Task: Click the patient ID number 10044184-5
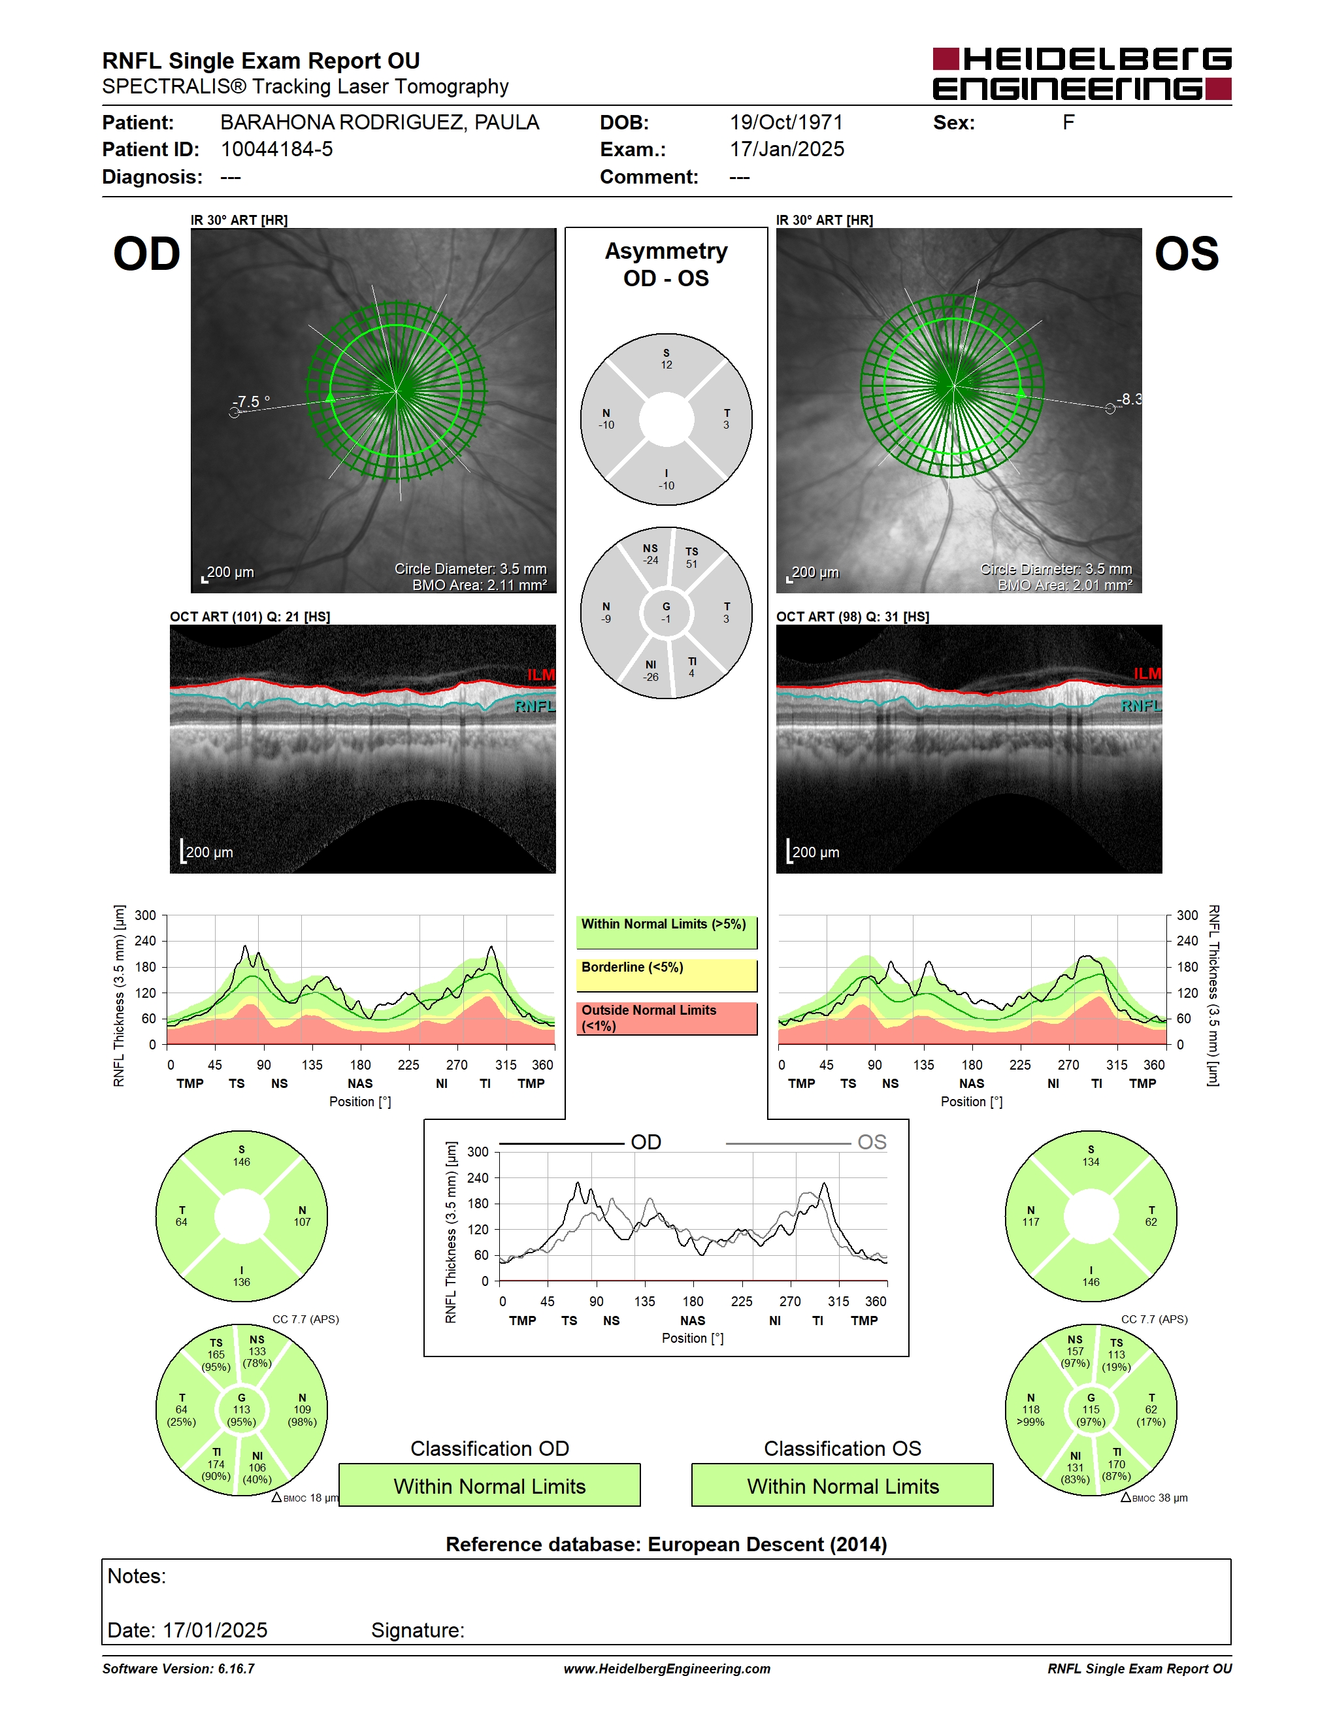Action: (276, 149)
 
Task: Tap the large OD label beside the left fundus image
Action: (147, 254)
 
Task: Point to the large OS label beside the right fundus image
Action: (1187, 254)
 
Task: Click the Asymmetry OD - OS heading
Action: (666, 265)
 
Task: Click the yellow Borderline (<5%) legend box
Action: (666, 975)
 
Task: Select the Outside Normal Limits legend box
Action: (666, 1018)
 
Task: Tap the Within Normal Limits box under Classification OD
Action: (489, 1485)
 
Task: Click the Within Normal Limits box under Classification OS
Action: (843, 1485)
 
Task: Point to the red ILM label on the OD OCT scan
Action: (541, 674)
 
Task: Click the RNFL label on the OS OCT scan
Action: (1141, 705)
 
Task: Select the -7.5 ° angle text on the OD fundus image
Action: (251, 401)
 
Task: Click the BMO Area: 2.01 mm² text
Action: (1064, 585)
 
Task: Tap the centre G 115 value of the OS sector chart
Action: (1091, 1410)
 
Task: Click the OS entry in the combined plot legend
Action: (872, 1142)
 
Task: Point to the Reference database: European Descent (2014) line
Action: (666, 1544)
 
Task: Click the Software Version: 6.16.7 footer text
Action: (178, 1668)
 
